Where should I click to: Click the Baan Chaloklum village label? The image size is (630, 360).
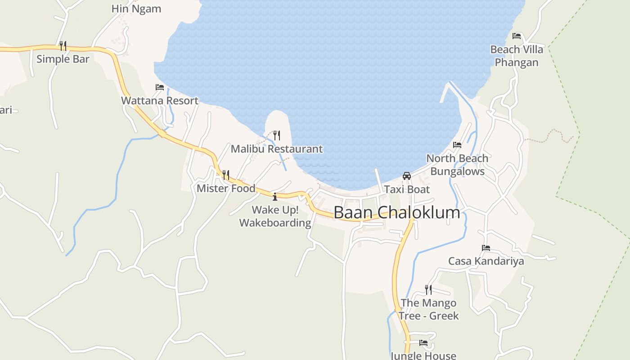click(x=397, y=212)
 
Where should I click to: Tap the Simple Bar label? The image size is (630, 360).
click(x=63, y=59)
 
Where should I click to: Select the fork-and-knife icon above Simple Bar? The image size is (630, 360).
click(x=63, y=45)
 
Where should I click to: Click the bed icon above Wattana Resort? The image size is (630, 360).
click(x=160, y=87)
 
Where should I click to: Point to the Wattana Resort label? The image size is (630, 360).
click(x=160, y=100)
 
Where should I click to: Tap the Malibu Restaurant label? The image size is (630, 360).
click(x=277, y=149)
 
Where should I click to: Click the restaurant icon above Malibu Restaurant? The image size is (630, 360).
click(x=277, y=135)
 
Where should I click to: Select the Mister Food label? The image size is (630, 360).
click(x=226, y=188)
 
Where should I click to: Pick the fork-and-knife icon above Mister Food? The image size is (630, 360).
click(x=226, y=175)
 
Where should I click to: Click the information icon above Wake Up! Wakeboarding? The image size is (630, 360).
click(x=275, y=197)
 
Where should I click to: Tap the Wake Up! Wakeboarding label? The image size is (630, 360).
click(x=275, y=216)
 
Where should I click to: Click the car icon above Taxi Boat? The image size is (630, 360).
click(x=407, y=176)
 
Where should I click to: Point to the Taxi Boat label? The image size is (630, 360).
click(x=407, y=189)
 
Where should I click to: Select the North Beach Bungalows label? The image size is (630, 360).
click(x=457, y=165)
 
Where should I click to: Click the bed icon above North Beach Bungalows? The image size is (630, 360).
click(x=457, y=145)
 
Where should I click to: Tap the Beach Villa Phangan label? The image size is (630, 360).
click(x=517, y=56)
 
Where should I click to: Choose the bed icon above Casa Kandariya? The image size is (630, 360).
click(x=486, y=248)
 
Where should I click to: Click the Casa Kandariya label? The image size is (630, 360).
click(x=486, y=261)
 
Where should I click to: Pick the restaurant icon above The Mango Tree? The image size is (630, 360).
click(x=428, y=289)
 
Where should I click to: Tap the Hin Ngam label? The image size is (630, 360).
click(x=136, y=9)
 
